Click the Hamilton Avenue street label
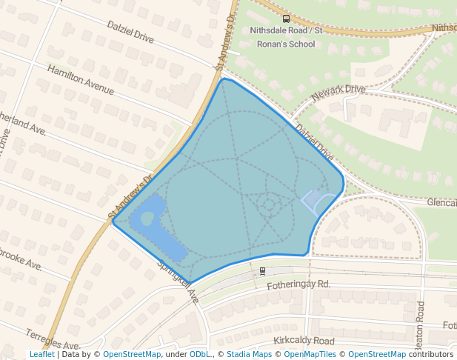click(81, 79)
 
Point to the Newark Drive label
click(338, 93)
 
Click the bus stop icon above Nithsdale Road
click(287, 18)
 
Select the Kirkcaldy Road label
click(303, 340)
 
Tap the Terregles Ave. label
click(53, 339)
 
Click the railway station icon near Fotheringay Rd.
click(262, 271)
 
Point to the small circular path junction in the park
click(270, 203)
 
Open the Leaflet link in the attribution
click(41, 354)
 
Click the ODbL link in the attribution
click(200, 354)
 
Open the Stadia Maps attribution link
click(249, 354)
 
